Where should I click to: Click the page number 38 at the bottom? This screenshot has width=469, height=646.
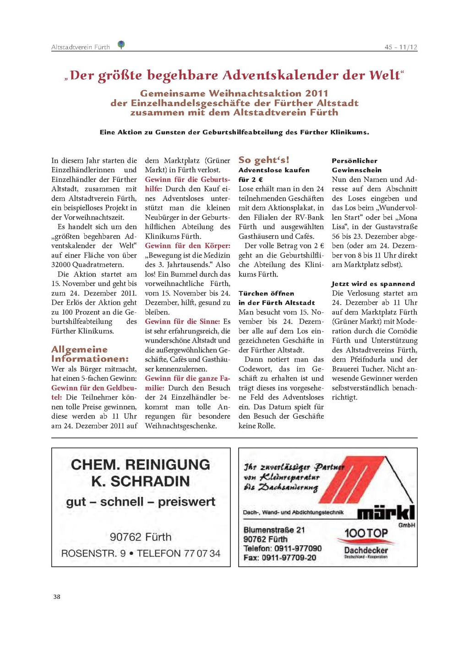pos(57,597)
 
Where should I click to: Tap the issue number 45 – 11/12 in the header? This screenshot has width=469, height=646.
pos(401,47)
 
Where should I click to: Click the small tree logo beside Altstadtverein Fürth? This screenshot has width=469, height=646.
pos(121,44)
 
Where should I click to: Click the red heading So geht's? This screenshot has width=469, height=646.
pos(264,160)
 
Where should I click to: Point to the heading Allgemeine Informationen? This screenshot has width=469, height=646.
pos(90,354)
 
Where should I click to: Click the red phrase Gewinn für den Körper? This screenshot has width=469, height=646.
pos(188,246)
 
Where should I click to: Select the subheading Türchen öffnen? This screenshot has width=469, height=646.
pos(266,293)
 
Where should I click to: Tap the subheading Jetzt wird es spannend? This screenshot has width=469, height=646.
pos(373,284)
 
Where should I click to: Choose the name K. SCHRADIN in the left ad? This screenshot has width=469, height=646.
pos(140,481)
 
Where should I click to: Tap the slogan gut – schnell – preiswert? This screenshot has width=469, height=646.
pos(140,502)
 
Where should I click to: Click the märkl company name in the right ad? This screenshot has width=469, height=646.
pos(386,512)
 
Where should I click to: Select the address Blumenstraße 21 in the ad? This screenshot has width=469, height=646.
pos(274,530)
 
